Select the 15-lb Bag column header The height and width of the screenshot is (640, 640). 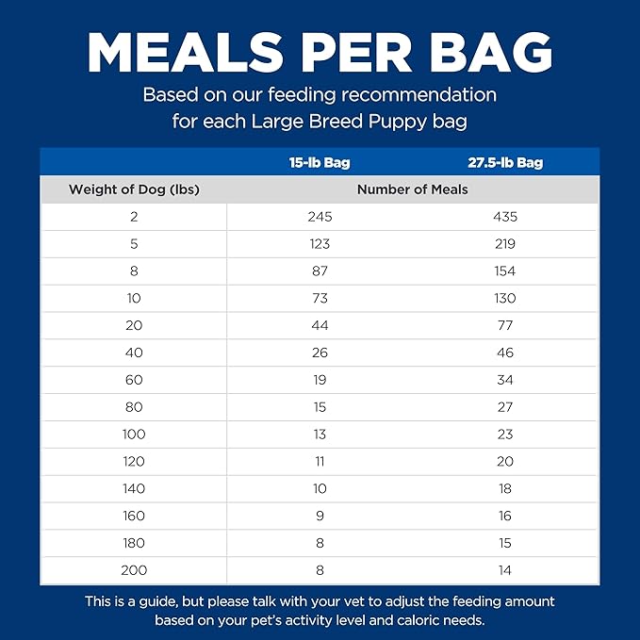(320, 162)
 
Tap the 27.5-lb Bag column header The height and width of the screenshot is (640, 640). (504, 162)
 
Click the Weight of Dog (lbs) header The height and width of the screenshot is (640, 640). (134, 189)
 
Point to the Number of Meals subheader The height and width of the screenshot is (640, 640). (412, 189)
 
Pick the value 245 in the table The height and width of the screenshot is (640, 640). (320, 217)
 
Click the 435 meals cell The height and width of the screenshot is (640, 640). (504, 217)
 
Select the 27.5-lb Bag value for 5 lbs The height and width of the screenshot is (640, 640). (504, 244)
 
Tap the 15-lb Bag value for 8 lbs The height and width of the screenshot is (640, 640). (320, 271)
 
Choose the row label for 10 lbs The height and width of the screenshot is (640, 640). (134, 298)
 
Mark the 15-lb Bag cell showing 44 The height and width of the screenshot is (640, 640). (320, 325)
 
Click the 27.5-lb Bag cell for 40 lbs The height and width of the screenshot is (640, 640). (504, 353)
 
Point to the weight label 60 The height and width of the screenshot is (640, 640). (134, 380)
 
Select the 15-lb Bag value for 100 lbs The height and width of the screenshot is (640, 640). (320, 435)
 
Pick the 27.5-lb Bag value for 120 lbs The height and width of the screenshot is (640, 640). (504, 461)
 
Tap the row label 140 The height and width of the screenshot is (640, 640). (134, 488)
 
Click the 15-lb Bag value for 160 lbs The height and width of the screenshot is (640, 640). (320, 516)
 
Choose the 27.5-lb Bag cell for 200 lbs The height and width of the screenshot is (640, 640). (504, 570)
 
